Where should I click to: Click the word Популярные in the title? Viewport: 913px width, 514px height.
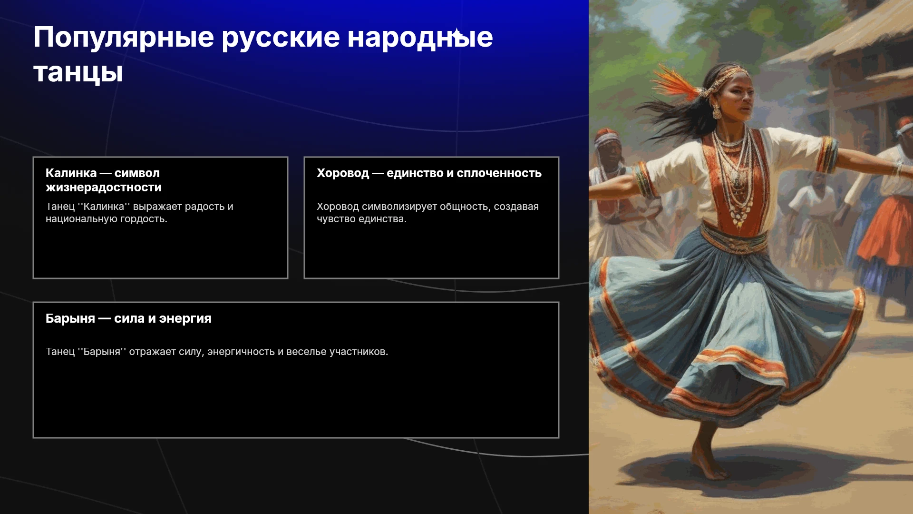click(x=124, y=38)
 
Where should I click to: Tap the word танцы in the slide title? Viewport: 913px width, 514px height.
click(x=78, y=73)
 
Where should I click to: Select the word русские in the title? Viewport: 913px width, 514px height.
click(x=281, y=38)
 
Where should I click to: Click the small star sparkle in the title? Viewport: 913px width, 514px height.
click(x=456, y=33)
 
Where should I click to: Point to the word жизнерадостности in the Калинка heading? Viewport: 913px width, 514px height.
click(x=104, y=188)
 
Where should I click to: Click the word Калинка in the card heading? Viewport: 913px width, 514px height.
click(x=71, y=173)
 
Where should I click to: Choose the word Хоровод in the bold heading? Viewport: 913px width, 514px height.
click(x=343, y=173)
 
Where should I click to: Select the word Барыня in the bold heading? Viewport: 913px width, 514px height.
click(x=70, y=318)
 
